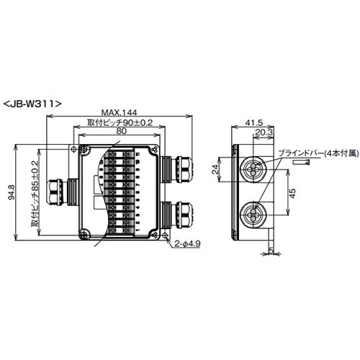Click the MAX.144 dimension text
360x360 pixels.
click(x=120, y=113)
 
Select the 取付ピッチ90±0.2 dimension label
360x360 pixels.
click(x=120, y=122)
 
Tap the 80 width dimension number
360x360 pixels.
click(x=120, y=132)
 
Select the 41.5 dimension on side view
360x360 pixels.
click(x=253, y=123)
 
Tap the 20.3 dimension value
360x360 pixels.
click(x=264, y=132)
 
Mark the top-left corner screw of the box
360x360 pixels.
click(x=84, y=153)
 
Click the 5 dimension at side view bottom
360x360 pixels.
click(x=271, y=251)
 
